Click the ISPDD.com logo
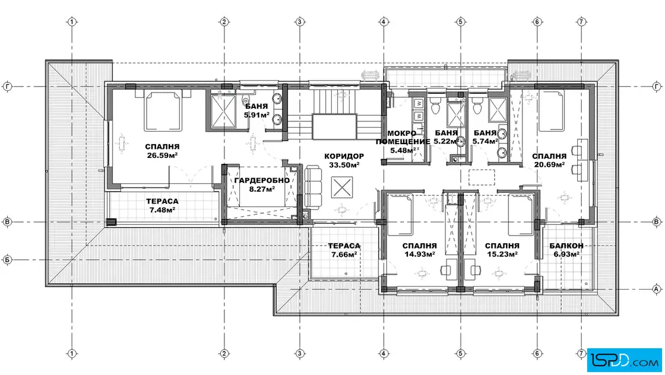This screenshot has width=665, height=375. pyautogui.click(x=624, y=360)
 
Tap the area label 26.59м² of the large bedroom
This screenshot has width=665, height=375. pyautogui.click(x=162, y=155)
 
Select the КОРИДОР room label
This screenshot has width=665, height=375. pyautogui.click(x=344, y=156)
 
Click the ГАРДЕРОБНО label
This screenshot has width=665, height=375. pyautogui.click(x=262, y=180)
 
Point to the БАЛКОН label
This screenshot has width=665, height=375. pyautogui.click(x=566, y=246)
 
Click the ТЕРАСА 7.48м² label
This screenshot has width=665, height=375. pyautogui.click(x=162, y=205)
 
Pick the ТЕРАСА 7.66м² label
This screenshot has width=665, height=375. pyautogui.click(x=344, y=250)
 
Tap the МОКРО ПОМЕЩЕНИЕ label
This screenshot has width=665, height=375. pyautogui.click(x=403, y=137)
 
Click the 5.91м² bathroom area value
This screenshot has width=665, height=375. pyautogui.click(x=256, y=115)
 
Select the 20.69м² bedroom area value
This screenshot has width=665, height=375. pyautogui.click(x=549, y=165)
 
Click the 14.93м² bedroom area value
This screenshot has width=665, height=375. pyautogui.click(x=419, y=254)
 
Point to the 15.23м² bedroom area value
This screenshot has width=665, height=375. pyautogui.click(x=502, y=254)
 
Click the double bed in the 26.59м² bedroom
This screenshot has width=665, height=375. pyautogui.click(x=163, y=110)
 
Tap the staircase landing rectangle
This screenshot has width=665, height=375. pyautogui.click(x=334, y=126)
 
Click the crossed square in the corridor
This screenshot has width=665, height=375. pyautogui.click(x=342, y=188)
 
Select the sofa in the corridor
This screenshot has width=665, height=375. pyautogui.click(x=313, y=186)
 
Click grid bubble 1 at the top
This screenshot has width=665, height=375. pyautogui.click(x=72, y=21)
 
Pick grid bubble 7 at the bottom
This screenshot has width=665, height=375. pyautogui.click(x=581, y=353)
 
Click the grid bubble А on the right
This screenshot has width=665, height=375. pyautogui.click(x=657, y=289)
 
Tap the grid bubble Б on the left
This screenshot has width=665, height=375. pyautogui.click(x=7, y=260)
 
